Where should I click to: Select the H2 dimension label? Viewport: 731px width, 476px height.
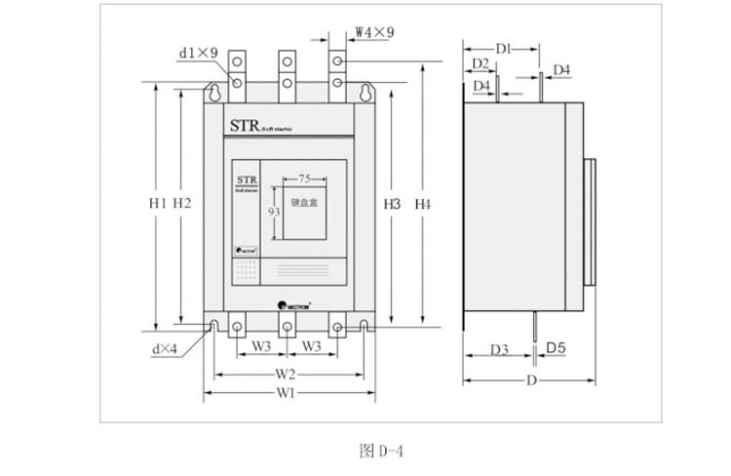pos(181,204)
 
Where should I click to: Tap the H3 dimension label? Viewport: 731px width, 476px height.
pos(392,204)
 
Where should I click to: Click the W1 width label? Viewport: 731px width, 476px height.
pos(286,394)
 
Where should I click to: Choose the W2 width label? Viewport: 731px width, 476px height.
pos(286,374)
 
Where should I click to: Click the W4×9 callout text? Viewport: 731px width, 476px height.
pos(374,32)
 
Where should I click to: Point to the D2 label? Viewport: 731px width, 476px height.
pos(480,63)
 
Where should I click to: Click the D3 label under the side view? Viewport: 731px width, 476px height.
pos(499,348)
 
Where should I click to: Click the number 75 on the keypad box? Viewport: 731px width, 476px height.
pos(305,178)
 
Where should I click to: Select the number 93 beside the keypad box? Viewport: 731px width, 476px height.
pos(274,212)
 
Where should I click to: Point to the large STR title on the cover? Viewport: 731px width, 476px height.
pos(242,125)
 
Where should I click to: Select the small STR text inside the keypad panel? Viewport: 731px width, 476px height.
pos(246,179)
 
